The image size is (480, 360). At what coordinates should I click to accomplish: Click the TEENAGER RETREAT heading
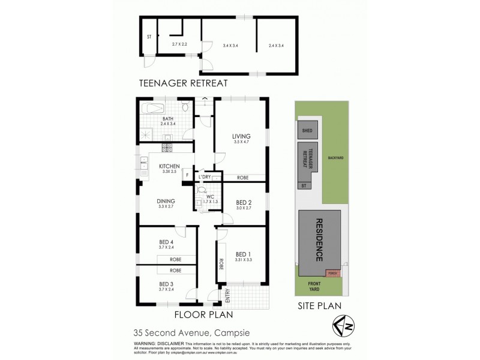tap(183, 83)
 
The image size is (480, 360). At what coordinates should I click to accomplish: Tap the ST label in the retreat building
tap(148, 37)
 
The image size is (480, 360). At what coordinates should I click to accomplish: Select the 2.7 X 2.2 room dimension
tap(180, 44)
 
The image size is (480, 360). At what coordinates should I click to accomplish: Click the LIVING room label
tap(241, 136)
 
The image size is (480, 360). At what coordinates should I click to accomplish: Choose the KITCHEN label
tap(170, 166)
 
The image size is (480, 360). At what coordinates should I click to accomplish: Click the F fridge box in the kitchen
tap(187, 175)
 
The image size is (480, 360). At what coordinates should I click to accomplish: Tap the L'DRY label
tap(205, 177)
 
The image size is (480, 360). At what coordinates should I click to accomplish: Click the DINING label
tap(166, 201)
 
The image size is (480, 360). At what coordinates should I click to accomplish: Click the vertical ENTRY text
tap(227, 296)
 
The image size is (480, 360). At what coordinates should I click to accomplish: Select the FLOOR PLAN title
tap(203, 314)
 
